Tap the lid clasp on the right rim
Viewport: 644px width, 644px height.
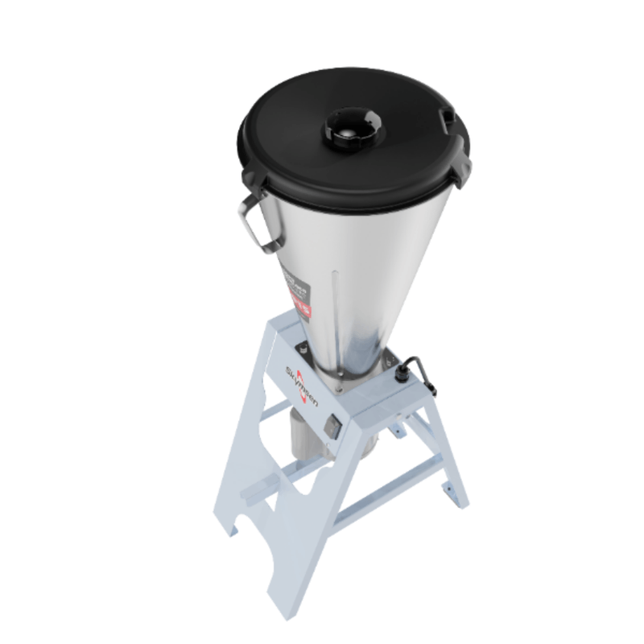pyautogui.click(x=461, y=164)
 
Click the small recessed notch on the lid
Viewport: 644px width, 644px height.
pyautogui.click(x=447, y=118)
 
